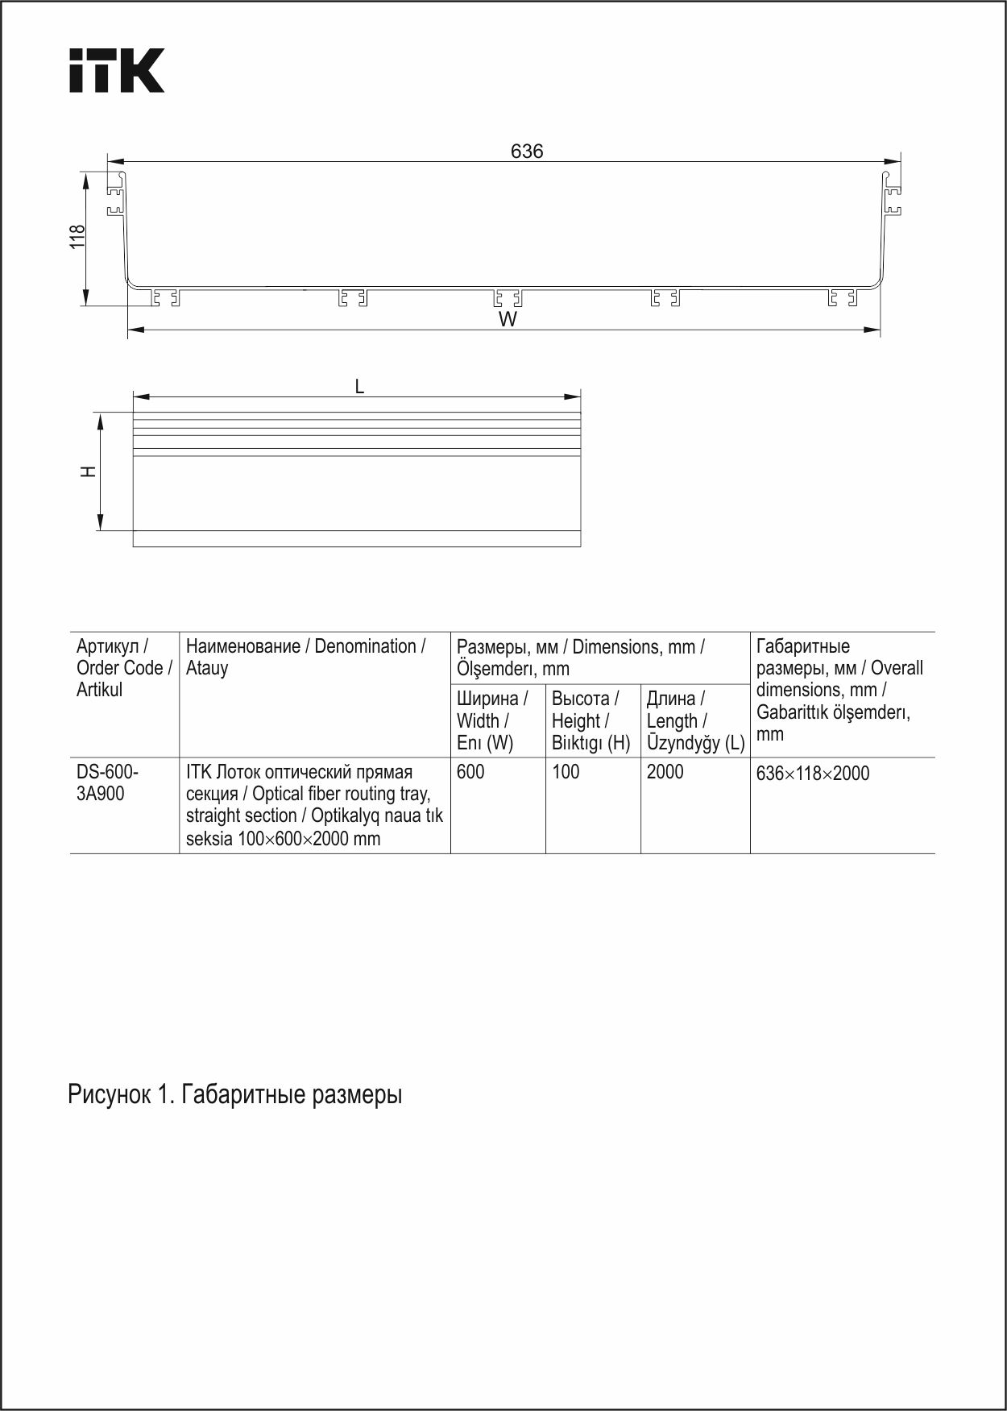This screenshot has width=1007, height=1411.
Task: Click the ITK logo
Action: [x=116, y=71]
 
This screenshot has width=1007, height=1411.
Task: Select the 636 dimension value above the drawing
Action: [x=527, y=151]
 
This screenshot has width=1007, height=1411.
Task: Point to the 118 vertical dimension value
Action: [x=77, y=237]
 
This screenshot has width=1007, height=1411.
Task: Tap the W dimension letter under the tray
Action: [x=508, y=320]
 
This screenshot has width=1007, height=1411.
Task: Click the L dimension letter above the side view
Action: [x=359, y=387]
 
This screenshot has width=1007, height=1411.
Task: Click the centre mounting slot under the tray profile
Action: [x=508, y=298]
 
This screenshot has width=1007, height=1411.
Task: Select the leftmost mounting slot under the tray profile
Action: [x=165, y=298]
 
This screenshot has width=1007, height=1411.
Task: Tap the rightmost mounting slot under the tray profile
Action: [x=842, y=298]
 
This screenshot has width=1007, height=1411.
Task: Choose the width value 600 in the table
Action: [x=470, y=772]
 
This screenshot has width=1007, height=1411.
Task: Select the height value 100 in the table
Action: [x=566, y=772]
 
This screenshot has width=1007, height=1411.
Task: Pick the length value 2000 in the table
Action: [x=665, y=772]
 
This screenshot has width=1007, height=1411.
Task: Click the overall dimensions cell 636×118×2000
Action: [x=813, y=774]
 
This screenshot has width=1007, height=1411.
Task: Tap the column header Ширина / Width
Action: [x=492, y=720]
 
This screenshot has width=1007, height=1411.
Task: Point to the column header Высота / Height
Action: [x=591, y=720]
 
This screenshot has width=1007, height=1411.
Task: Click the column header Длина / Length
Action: [x=694, y=720]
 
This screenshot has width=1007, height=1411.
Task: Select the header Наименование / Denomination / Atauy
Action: [x=306, y=657]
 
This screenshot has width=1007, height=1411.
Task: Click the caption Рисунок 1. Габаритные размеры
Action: [x=234, y=1094]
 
